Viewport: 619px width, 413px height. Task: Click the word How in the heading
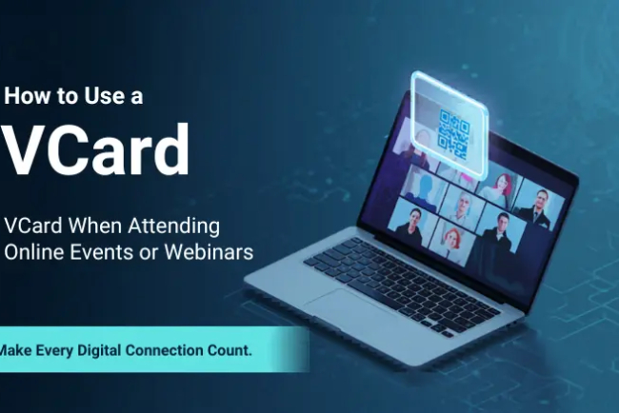coord(27,95)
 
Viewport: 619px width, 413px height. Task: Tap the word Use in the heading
coord(98,95)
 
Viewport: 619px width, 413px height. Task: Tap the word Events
coord(101,252)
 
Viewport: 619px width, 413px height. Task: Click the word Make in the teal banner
coord(16,350)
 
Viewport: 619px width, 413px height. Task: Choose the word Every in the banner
coord(61,350)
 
